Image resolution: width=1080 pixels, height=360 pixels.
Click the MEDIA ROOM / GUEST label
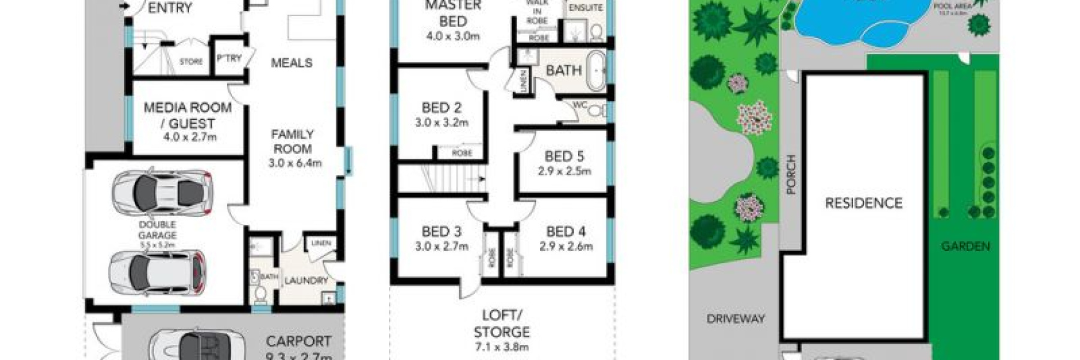click(x=188, y=115)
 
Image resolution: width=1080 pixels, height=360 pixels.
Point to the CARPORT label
click(x=298, y=341)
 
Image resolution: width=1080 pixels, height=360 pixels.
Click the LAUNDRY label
click(x=305, y=281)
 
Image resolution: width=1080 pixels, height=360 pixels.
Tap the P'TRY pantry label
click(x=229, y=59)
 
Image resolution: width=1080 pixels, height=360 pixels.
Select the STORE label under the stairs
click(x=191, y=62)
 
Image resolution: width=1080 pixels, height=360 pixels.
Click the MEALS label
click(x=292, y=63)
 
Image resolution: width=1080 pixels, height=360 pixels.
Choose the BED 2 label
click(x=441, y=108)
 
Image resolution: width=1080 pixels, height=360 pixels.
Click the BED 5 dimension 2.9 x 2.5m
click(x=564, y=171)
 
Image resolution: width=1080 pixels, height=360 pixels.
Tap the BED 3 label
click(x=441, y=232)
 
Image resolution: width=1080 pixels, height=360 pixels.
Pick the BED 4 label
click(x=565, y=232)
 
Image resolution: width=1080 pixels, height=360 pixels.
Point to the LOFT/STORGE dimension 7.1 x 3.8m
click(x=502, y=347)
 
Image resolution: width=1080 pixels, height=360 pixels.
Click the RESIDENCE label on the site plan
click(x=863, y=203)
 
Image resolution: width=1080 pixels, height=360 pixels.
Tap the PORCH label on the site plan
click(x=791, y=175)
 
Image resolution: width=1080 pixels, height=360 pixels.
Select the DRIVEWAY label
click(x=735, y=319)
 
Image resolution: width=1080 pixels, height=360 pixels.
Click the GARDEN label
click(x=965, y=246)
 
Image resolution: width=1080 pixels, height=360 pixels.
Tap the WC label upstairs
click(x=579, y=105)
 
